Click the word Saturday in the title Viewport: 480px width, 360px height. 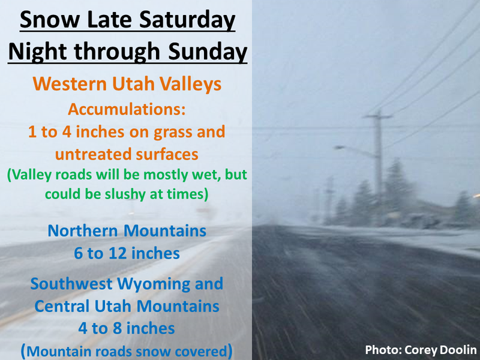187,20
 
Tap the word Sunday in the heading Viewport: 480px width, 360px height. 208,52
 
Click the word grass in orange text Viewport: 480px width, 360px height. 173,133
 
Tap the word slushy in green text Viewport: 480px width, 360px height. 125,194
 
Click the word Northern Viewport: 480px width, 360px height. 83,231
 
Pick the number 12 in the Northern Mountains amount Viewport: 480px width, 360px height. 118,253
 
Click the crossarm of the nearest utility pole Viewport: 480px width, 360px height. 377,116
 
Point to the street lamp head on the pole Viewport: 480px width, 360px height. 338,148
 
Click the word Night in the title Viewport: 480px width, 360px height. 38,52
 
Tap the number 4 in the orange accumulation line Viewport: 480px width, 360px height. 67,132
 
